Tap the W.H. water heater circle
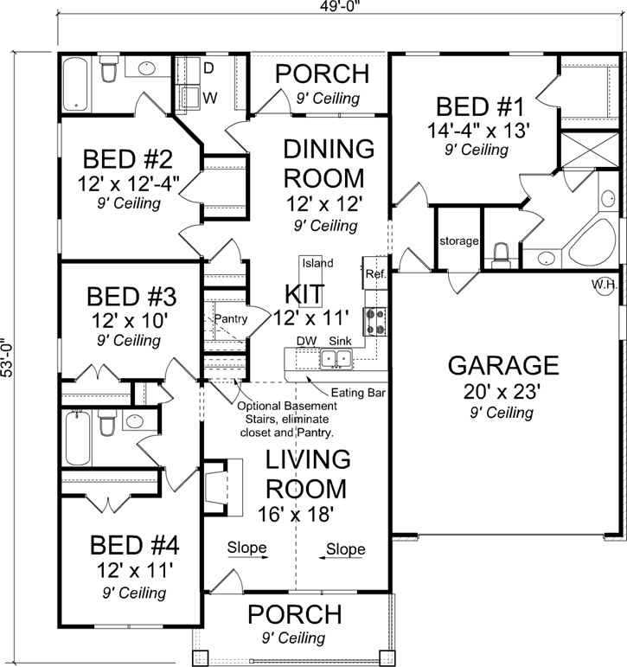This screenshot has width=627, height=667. tap(604, 285)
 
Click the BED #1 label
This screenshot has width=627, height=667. tap(480, 107)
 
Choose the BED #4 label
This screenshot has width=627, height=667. tap(135, 546)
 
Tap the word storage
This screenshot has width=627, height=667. tap(458, 241)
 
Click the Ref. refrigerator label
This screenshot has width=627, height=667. tap(374, 273)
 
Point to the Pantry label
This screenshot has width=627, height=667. tap(231, 318)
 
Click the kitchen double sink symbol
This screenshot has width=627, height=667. tap(335, 358)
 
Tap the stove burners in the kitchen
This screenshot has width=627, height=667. tap(376, 321)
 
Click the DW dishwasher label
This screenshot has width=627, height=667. tap(305, 341)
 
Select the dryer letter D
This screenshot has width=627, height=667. tap(208, 67)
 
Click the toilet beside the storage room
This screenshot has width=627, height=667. tap(500, 253)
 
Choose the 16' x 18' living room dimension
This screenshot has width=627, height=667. tap(296, 513)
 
